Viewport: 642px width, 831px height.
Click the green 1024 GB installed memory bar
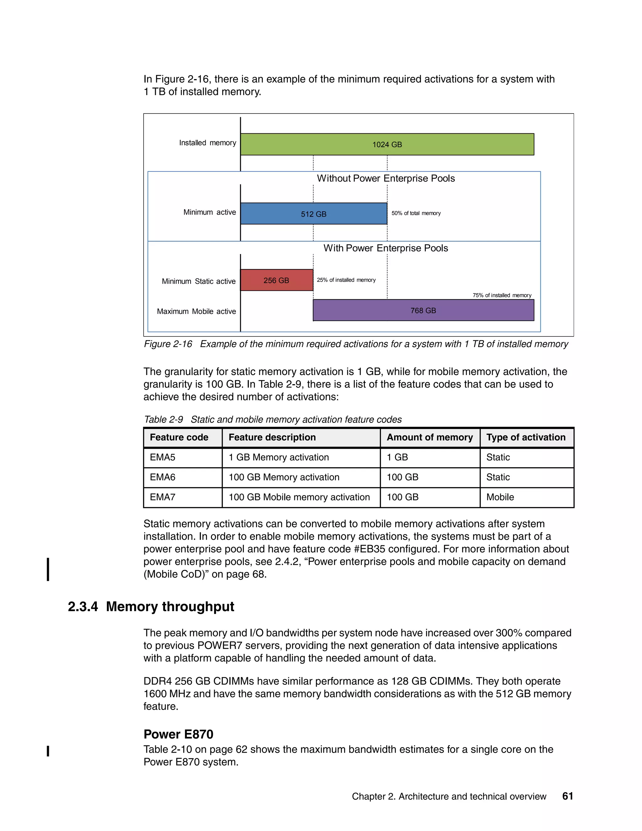[x=387, y=144]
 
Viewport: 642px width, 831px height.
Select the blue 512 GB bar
[x=313, y=214]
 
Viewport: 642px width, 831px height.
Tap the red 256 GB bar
[x=276, y=280]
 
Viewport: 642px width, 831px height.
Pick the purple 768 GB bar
[x=423, y=310]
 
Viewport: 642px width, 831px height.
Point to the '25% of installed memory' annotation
[x=346, y=280]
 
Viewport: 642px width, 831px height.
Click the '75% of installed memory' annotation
[x=502, y=295]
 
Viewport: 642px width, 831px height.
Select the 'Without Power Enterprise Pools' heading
[x=386, y=178]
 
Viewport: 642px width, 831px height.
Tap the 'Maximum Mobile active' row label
[x=196, y=312]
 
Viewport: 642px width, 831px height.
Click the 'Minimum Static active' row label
[x=198, y=282]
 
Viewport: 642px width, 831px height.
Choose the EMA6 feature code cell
[x=163, y=477]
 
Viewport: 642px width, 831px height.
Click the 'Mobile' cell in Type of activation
[x=500, y=497]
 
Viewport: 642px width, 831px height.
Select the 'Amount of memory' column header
[x=429, y=437]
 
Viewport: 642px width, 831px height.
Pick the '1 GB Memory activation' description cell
[x=278, y=457]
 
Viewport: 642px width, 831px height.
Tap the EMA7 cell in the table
[x=163, y=497]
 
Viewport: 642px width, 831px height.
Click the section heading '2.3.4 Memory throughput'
[x=151, y=606]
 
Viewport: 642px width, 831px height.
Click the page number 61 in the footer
[x=567, y=796]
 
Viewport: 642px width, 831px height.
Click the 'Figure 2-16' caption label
[x=168, y=344]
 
